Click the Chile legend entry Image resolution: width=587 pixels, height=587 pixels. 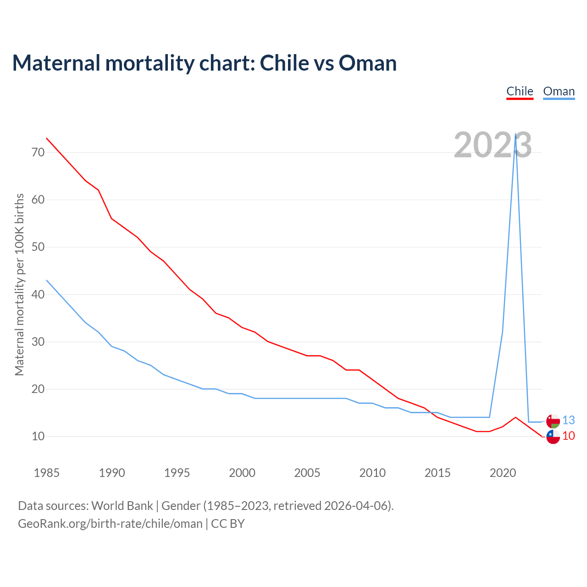520,91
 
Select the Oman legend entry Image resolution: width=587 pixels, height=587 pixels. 559,91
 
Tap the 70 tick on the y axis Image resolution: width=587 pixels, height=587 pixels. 38,152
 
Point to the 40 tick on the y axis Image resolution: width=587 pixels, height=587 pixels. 38,294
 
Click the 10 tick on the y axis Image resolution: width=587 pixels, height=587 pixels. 38,436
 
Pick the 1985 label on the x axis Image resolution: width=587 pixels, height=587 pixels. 46,473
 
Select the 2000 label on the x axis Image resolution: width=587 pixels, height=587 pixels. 242,473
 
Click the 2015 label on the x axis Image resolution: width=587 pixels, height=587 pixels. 437,473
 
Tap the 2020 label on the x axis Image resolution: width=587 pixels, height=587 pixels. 503,473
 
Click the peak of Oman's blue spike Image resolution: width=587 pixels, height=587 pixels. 516,134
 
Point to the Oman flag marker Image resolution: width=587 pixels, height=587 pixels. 553,421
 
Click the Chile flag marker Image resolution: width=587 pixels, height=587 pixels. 553,437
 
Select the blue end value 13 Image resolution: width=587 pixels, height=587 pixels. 569,420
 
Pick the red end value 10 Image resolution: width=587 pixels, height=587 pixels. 569,436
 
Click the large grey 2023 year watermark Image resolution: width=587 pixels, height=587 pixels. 493,145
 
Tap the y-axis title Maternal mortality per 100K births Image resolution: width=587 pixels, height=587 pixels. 19,284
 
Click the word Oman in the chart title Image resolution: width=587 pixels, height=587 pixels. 368,63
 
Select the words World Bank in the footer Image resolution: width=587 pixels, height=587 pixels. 122,506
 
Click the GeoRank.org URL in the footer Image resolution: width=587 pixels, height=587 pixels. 110,524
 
